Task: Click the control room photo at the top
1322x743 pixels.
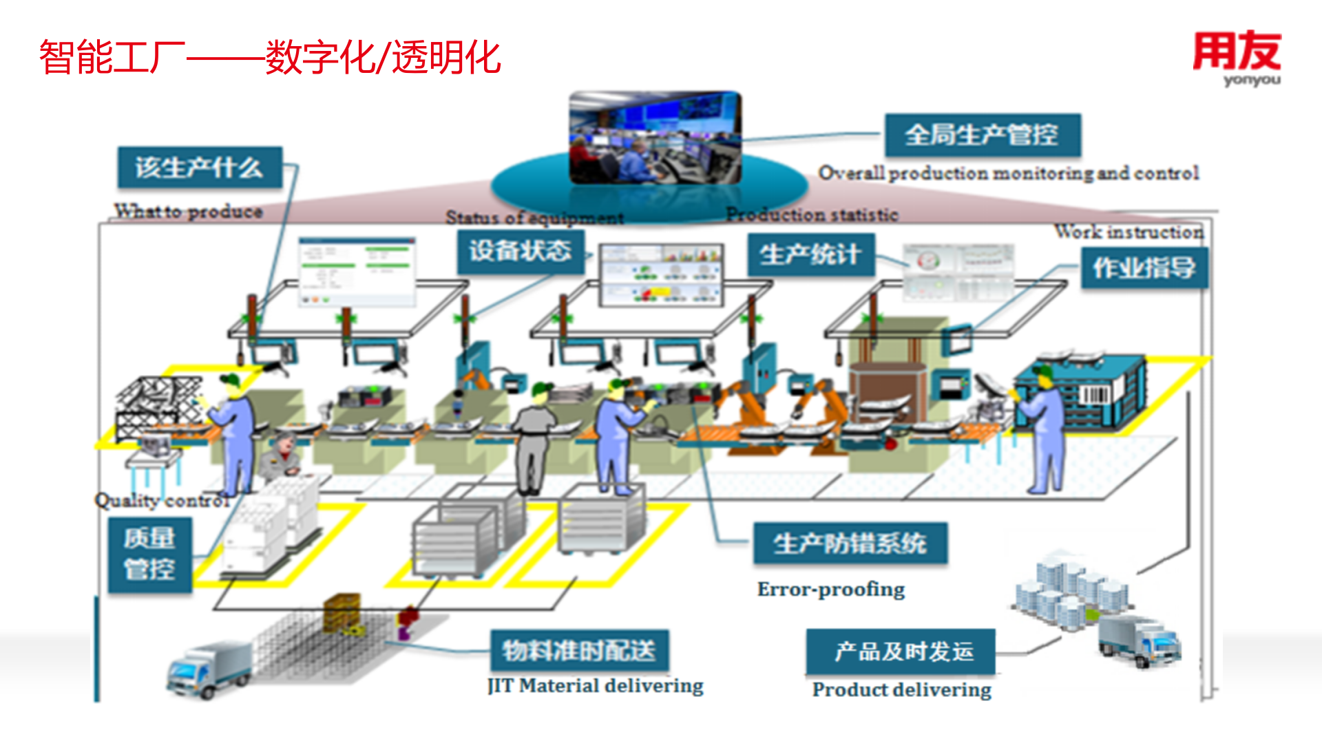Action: [655, 138]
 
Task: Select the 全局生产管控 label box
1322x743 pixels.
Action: [983, 135]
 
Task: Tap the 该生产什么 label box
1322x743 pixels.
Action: [200, 167]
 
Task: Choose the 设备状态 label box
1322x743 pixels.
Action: [521, 251]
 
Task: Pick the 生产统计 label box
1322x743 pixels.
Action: [810, 255]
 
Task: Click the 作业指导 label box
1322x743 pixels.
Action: [1144, 268]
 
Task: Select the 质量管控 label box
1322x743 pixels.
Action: [149, 554]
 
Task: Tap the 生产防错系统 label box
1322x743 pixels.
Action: [850, 543]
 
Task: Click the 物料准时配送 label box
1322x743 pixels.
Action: [579, 650]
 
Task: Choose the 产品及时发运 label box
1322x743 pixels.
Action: [901, 651]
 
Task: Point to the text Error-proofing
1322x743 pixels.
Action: [831, 590]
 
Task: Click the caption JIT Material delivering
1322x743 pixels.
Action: [596, 686]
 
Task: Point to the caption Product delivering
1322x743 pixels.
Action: [902, 689]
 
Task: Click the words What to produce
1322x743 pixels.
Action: [189, 211]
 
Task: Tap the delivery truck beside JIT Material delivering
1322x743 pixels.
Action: [209, 669]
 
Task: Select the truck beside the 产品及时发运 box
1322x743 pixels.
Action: [1139, 640]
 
